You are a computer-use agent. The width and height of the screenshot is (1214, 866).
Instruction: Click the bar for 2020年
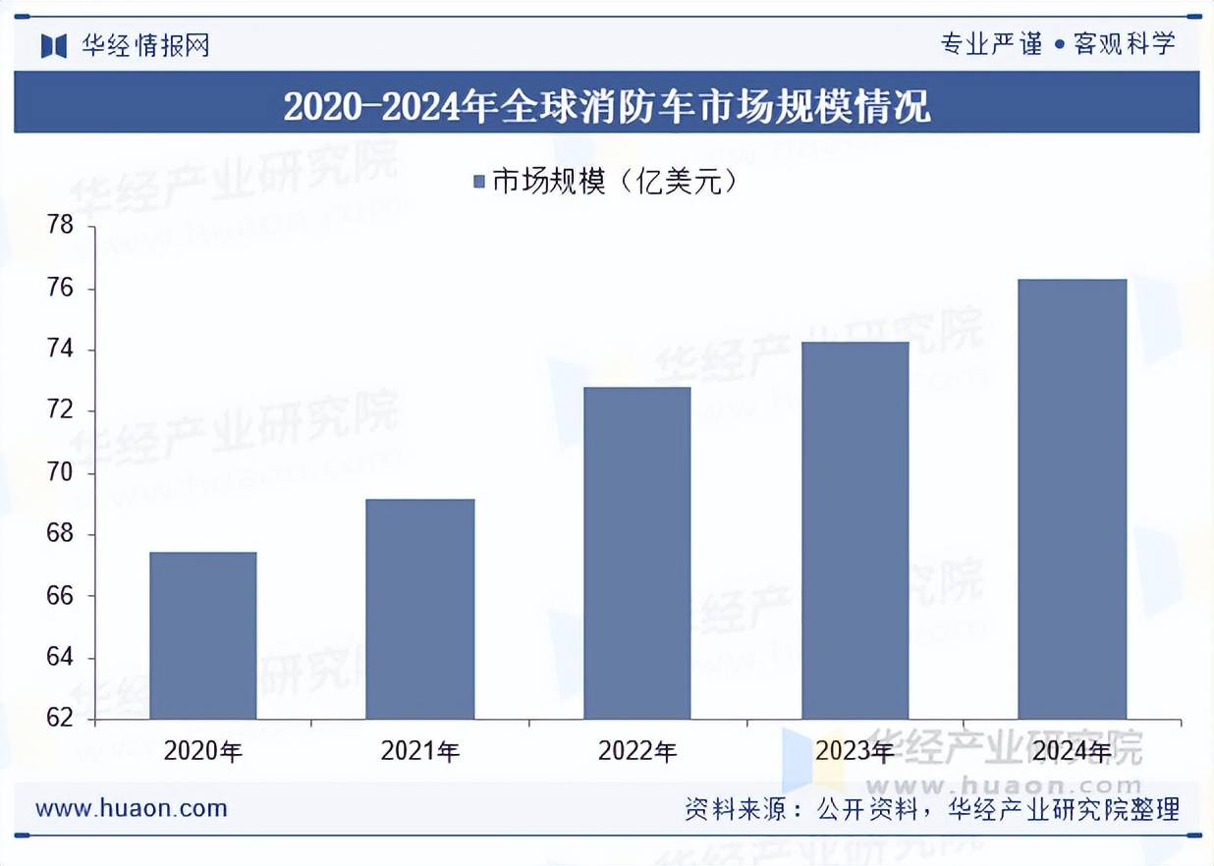202,635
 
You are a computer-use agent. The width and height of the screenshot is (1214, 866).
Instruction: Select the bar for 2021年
419,609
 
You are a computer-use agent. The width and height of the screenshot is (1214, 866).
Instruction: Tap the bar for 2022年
636,553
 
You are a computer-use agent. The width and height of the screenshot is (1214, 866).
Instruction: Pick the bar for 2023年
855,530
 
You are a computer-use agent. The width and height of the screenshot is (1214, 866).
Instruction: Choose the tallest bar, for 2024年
1072,499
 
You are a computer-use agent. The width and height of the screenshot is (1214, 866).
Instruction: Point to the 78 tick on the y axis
61,227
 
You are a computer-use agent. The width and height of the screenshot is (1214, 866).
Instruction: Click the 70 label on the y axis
61,473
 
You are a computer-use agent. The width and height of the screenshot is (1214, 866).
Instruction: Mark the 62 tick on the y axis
61,719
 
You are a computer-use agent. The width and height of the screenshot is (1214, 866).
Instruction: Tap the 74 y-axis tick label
61,351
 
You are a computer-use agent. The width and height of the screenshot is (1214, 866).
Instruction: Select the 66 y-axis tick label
61,596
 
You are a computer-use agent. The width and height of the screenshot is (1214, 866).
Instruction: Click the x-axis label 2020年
202,752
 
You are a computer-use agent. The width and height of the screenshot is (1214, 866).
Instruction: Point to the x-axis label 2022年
636,752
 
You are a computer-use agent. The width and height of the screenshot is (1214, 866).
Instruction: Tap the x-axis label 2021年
419,752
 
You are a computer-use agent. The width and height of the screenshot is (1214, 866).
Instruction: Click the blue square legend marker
479,182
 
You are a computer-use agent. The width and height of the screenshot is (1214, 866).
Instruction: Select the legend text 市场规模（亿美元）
614,182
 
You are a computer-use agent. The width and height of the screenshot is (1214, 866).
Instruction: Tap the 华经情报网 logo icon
54,45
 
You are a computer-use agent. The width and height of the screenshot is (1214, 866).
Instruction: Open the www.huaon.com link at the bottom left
132,808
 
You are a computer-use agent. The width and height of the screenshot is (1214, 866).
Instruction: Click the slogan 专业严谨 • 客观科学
1057,44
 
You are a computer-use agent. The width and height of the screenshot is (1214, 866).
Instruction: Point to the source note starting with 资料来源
931,808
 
